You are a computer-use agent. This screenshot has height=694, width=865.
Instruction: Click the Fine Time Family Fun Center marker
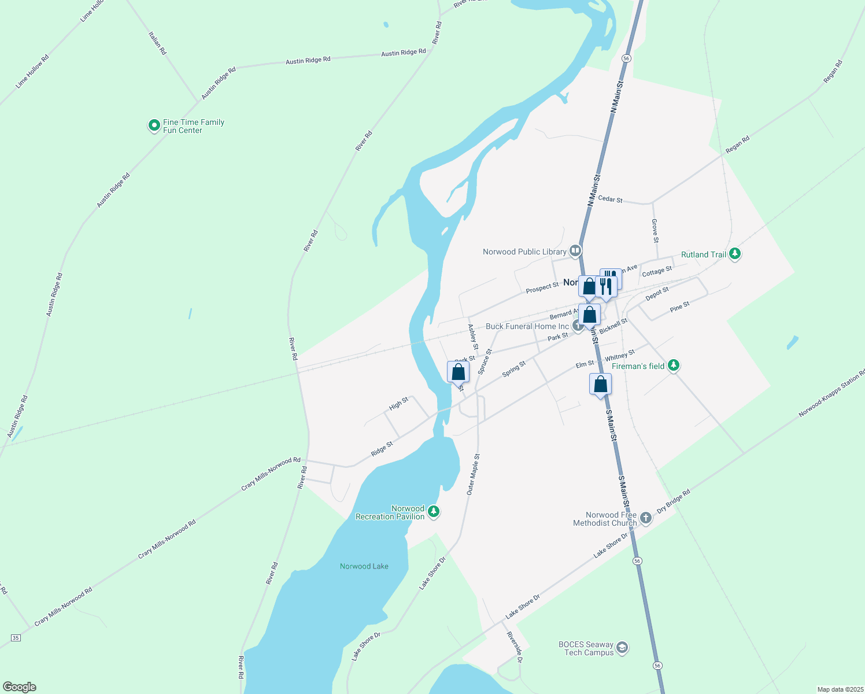click(154, 125)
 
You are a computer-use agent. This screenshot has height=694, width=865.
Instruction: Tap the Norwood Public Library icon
click(575, 251)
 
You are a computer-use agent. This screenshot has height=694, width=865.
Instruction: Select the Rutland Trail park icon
click(734, 254)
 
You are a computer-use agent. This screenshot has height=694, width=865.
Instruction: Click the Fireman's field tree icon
click(673, 366)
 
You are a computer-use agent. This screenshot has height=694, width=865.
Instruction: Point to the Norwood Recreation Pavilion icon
click(433, 512)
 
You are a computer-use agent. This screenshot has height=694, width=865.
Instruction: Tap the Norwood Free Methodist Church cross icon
click(645, 518)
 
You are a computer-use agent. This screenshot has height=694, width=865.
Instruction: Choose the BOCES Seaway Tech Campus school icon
click(622, 647)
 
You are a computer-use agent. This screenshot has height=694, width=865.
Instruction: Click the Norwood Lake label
click(364, 566)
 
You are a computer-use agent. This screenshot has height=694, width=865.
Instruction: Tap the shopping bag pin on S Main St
click(600, 384)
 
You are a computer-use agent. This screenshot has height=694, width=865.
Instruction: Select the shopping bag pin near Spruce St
click(458, 372)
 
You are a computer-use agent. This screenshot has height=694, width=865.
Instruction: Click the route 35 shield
click(16, 637)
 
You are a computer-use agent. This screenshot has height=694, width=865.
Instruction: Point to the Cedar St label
click(610, 199)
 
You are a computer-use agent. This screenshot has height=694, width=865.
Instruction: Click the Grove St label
click(655, 231)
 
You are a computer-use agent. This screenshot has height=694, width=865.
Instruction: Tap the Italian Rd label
click(157, 43)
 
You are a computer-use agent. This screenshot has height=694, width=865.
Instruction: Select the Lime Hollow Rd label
click(32, 71)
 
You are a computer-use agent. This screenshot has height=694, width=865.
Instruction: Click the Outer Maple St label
click(473, 474)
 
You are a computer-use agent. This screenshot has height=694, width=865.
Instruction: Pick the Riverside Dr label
click(515, 647)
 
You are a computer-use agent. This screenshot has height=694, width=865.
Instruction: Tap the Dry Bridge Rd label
click(674, 502)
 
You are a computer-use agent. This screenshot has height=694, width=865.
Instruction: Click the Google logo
click(20, 687)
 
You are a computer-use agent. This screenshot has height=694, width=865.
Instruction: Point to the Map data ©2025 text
click(840, 689)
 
